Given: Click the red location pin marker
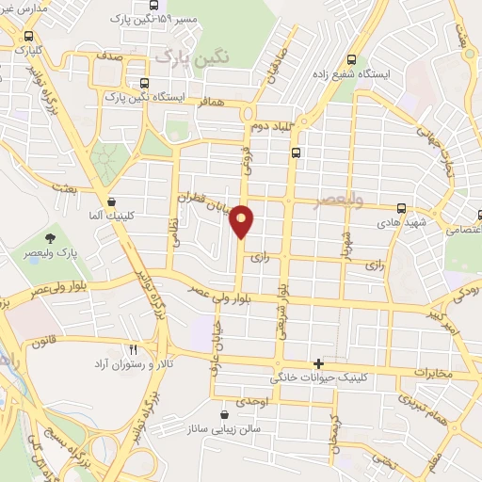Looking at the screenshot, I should pyautogui.click(x=242, y=220).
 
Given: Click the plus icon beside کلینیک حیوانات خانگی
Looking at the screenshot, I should pyautogui.click(x=319, y=363).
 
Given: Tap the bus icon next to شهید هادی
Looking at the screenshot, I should pyautogui.click(x=402, y=208).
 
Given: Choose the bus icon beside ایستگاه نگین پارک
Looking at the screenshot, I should pyautogui.click(x=145, y=82).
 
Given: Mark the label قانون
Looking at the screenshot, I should pyautogui.click(x=49, y=343).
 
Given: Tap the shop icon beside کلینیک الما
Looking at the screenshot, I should pyautogui.click(x=112, y=201).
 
